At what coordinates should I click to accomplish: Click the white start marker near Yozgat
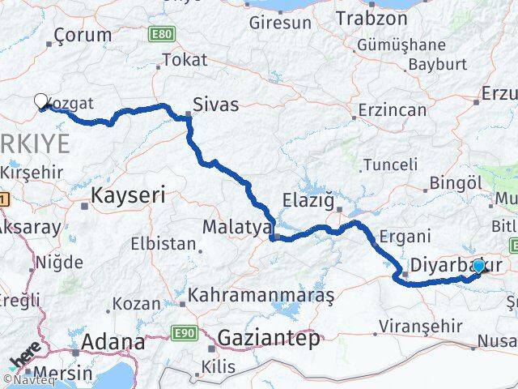pos(41,101)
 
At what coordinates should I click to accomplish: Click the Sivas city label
pos(214,103)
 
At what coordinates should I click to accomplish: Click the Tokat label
pos(185,59)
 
